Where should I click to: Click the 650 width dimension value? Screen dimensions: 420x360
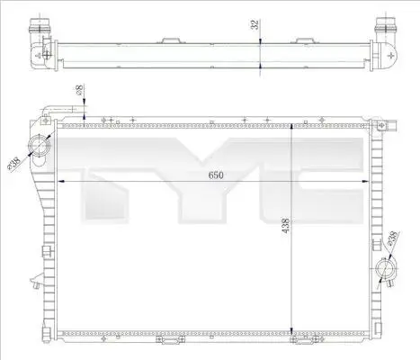click(x=216, y=175)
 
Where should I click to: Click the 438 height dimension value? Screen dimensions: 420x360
click(x=286, y=225)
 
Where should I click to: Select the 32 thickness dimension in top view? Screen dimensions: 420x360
click(x=255, y=24)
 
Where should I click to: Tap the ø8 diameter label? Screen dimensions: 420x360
click(x=79, y=90)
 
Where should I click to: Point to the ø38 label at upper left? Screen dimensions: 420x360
click(x=14, y=164)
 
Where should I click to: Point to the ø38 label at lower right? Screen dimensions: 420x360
click(x=393, y=238)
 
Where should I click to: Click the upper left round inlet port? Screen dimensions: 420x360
click(x=38, y=146)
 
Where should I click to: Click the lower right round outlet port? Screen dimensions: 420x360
click(x=386, y=268)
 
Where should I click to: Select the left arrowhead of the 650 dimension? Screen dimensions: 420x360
click(x=61, y=181)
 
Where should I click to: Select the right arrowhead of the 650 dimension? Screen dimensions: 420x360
click(x=366, y=181)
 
